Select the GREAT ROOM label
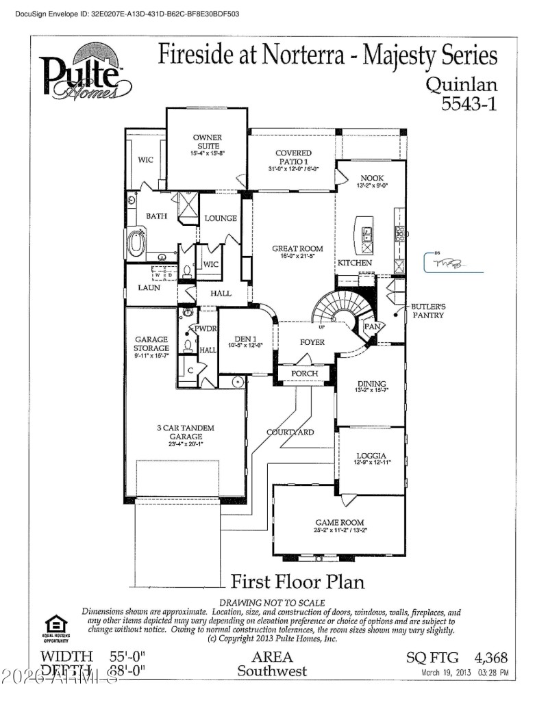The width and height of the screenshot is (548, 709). click(297, 249)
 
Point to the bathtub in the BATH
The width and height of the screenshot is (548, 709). click(138, 244)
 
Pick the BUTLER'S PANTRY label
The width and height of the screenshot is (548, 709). click(428, 311)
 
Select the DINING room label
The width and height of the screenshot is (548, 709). click(372, 384)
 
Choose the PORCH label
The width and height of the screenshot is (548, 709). click(305, 374)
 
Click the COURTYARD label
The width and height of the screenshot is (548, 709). click(290, 432)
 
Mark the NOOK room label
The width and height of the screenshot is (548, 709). click(372, 178)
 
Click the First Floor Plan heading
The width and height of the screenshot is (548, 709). click(297, 582)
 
